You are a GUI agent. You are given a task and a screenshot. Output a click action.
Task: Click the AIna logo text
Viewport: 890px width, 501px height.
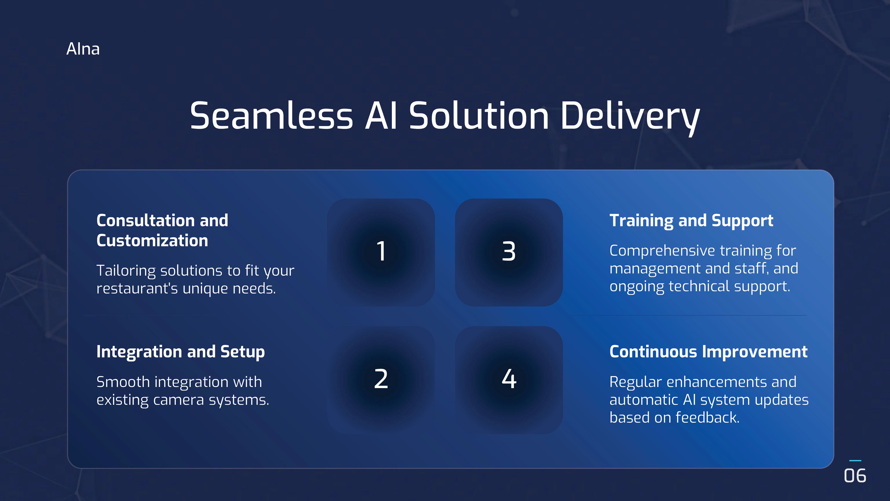click(83, 49)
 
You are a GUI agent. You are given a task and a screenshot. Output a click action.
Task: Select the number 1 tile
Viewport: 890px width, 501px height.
click(381, 252)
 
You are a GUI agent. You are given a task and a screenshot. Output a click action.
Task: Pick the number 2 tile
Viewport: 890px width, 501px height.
click(381, 380)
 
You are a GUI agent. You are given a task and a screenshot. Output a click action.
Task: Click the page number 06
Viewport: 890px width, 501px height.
click(855, 476)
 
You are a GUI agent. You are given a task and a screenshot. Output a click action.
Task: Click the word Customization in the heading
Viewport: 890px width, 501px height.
click(152, 241)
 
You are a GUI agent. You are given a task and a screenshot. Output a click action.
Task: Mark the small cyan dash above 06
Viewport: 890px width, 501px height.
click(855, 461)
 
